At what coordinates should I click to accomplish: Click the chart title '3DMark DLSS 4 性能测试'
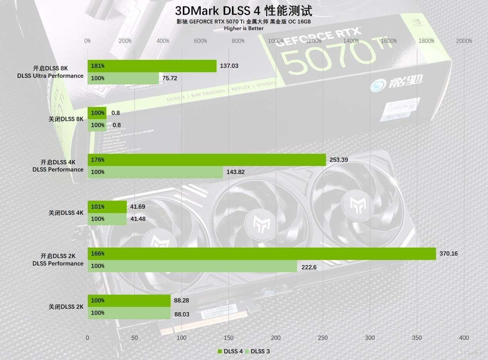click(243, 11)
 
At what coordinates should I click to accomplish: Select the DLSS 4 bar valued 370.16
click(262, 254)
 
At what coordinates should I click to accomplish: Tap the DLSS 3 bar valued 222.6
click(192, 266)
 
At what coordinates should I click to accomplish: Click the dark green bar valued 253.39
click(206, 160)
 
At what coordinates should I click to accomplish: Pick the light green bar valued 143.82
click(155, 172)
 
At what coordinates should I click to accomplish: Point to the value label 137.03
click(229, 66)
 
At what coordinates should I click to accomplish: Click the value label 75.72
click(170, 78)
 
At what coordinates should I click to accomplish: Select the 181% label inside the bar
click(97, 66)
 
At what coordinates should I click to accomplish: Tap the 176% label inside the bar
click(97, 160)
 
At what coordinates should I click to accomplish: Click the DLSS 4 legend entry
click(230, 351)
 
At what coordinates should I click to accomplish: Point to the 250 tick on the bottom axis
click(323, 338)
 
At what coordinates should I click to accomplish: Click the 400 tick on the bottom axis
click(464, 338)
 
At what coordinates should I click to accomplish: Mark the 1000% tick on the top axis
click(276, 41)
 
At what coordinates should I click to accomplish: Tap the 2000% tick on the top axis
click(464, 41)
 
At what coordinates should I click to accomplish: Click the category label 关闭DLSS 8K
click(66, 119)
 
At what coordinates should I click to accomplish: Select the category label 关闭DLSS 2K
click(66, 307)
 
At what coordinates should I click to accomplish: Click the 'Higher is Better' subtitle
click(243, 28)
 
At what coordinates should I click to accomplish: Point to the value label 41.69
click(138, 207)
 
